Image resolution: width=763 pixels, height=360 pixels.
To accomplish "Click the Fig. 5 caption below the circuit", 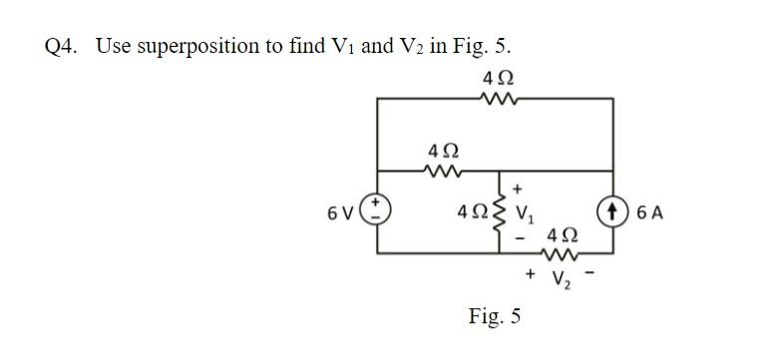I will tap(494, 317).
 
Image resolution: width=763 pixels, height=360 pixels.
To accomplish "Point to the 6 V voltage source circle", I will tap(377, 213).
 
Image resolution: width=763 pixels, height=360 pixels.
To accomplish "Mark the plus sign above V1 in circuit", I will tap(519, 188).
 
